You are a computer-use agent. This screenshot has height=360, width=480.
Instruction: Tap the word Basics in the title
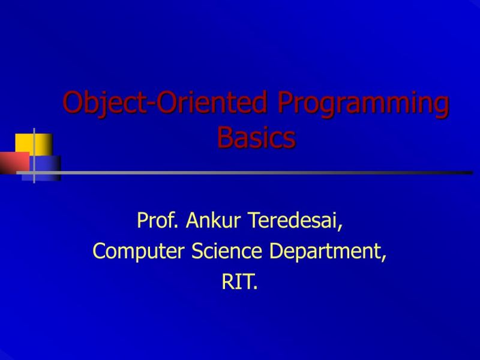[x=256, y=137]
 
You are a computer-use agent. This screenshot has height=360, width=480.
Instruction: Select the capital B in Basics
[x=224, y=137]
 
